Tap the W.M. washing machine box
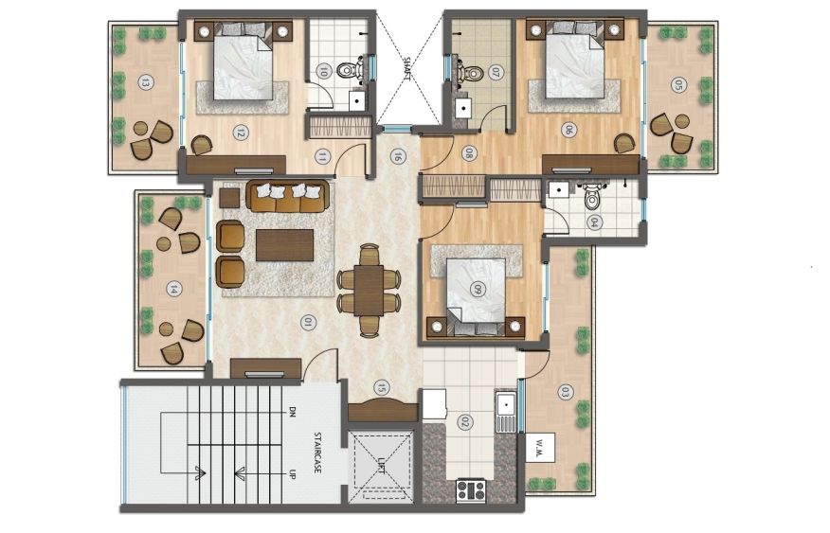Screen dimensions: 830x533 click(x=540, y=448)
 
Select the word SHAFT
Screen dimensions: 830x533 click(x=407, y=69)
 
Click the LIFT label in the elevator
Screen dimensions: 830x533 click(x=382, y=467)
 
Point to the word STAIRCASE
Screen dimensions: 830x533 click(x=317, y=453)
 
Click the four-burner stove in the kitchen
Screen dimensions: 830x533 click(x=471, y=490)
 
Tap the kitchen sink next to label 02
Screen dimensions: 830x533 click(x=506, y=412)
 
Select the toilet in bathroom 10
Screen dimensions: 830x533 click(x=352, y=69)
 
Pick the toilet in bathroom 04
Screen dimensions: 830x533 click(x=591, y=197)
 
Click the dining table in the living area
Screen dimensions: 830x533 click(x=369, y=291)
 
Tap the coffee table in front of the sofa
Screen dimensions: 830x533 click(x=285, y=245)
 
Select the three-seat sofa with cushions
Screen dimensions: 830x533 click(x=287, y=197)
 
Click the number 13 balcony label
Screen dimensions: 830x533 click(x=145, y=82)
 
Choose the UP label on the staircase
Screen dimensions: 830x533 click(x=291, y=473)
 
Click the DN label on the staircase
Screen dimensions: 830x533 click(x=291, y=412)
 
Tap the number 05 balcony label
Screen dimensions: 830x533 click(x=678, y=84)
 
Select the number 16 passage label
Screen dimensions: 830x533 click(x=397, y=156)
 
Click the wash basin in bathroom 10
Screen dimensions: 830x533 click(x=357, y=100)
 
